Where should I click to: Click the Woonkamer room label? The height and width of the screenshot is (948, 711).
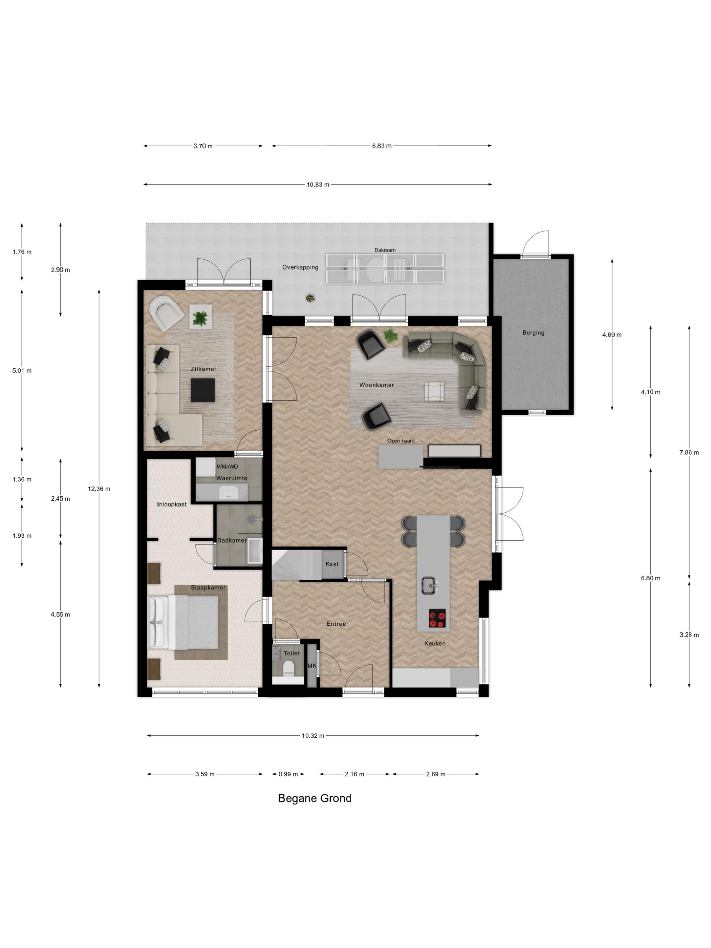[376, 385]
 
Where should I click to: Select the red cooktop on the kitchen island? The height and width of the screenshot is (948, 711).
[437, 618]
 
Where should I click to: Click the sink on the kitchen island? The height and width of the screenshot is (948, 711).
[429, 585]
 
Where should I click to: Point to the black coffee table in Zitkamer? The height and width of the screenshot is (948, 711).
[203, 390]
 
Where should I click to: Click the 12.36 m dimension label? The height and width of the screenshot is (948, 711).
[99, 489]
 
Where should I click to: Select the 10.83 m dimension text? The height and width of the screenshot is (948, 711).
[318, 185]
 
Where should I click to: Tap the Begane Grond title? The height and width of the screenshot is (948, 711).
[315, 798]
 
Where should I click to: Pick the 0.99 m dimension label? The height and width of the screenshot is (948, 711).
[288, 774]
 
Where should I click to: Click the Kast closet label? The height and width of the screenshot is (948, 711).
[332, 564]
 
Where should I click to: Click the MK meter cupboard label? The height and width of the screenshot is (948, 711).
[312, 666]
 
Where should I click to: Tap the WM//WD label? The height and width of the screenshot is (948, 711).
[227, 467]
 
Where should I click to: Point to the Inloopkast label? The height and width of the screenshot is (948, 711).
[171, 504]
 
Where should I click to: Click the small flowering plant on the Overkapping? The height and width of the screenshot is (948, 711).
[310, 298]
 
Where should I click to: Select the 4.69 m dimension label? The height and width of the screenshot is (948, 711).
[611, 335]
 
